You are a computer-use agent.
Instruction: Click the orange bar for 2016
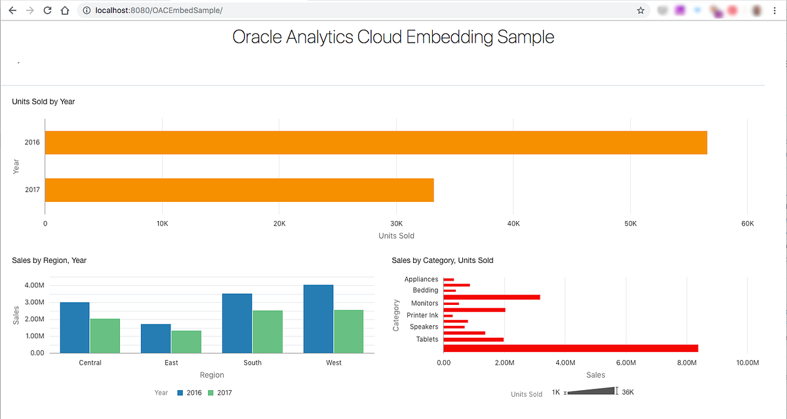tap(376, 142)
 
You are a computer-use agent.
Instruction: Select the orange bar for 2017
tap(239, 190)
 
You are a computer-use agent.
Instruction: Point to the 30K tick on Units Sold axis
tap(396, 224)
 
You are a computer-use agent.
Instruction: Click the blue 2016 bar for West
tap(319, 319)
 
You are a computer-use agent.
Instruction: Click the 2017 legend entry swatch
tap(211, 393)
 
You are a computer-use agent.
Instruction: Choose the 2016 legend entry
tap(190, 393)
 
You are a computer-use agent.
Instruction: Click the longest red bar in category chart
tap(571, 348)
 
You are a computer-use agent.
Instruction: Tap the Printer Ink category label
tap(422, 315)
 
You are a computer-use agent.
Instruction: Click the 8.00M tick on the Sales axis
tap(687, 363)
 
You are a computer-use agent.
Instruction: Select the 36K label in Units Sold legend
tap(628, 392)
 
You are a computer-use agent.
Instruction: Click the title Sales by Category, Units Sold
tap(442, 260)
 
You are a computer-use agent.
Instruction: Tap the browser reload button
tap(47, 10)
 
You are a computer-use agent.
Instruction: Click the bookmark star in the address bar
tap(640, 10)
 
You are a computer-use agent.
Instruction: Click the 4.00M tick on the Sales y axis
tap(33, 285)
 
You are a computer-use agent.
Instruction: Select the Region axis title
tap(212, 375)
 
